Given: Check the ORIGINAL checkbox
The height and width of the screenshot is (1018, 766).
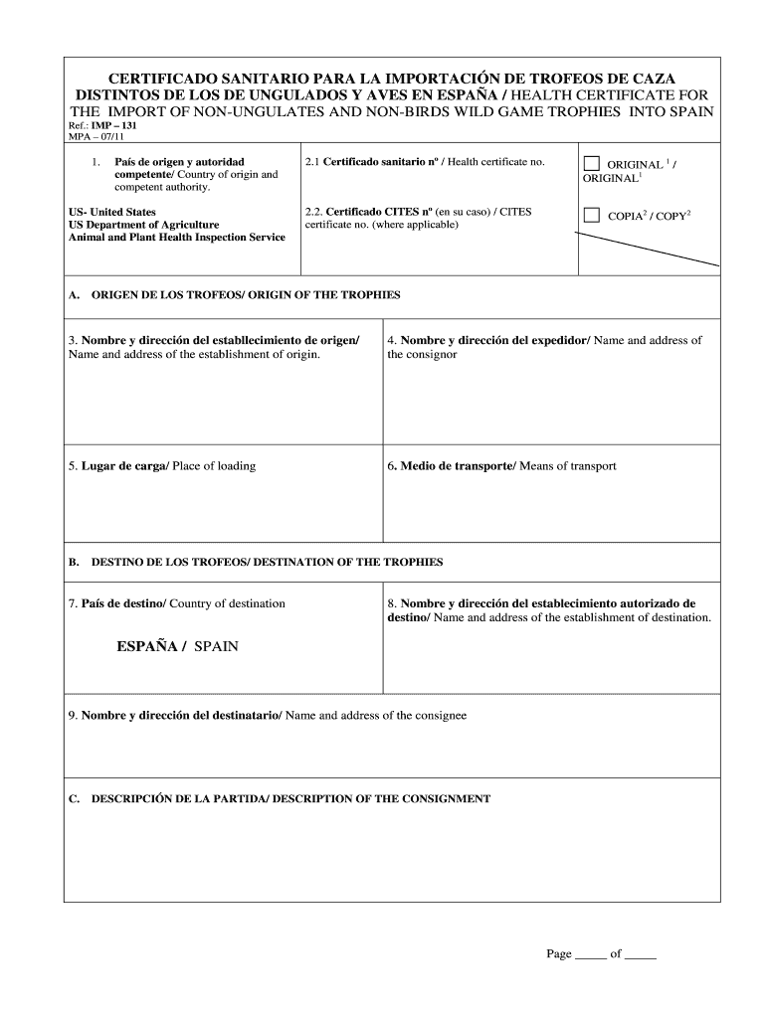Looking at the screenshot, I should (x=592, y=163).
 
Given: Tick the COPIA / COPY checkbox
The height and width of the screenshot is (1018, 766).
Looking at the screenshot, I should (x=592, y=215).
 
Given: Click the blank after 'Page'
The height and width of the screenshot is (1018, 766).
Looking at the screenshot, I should (x=590, y=954).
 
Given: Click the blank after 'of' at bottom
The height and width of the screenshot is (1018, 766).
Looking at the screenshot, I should (x=641, y=954).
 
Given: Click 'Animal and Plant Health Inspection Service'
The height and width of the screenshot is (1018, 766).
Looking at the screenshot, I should (x=177, y=238).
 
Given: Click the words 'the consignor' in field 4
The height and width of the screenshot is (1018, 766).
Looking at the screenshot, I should (x=422, y=354).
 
